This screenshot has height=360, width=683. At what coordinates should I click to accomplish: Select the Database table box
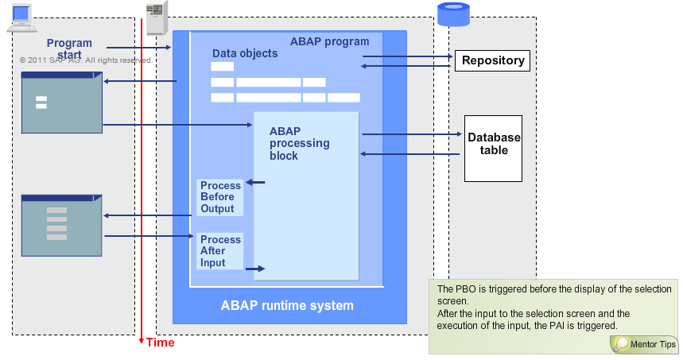[494, 144]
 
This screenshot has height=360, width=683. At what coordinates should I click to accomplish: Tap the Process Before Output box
[220, 197]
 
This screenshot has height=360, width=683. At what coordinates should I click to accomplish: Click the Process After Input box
[220, 251]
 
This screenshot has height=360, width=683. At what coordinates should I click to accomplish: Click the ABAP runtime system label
[286, 305]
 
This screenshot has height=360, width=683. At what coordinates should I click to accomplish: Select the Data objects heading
[245, 53]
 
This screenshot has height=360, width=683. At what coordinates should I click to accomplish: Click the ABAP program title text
[329, 41]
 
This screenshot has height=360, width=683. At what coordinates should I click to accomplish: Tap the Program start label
[69, 48]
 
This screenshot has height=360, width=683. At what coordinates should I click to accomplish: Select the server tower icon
[157, 17]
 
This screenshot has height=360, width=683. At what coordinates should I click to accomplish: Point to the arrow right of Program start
[138, 48]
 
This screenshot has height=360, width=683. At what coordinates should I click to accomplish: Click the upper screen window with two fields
[62, 103]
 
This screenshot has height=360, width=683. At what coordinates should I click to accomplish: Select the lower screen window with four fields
[62, 225]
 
